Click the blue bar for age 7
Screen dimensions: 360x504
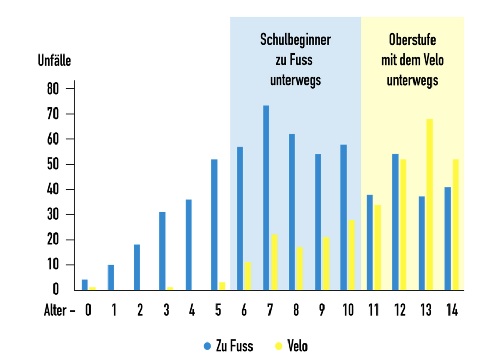266,198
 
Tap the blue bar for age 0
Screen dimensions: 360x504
85,285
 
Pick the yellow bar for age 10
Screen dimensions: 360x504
351,255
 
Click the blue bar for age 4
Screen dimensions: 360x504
189,245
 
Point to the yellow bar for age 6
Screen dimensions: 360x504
247,276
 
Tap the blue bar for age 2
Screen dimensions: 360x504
137,267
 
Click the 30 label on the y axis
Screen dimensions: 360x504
52,215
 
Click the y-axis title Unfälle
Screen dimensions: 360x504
55,61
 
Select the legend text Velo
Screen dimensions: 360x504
297,346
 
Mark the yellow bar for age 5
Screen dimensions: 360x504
222,286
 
